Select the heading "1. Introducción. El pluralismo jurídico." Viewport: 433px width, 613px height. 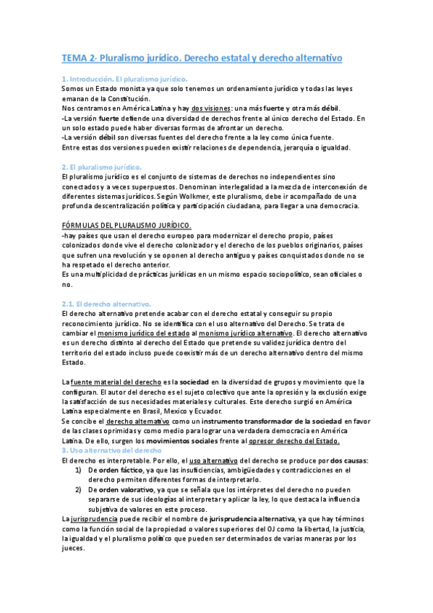(x=124, y=78)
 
